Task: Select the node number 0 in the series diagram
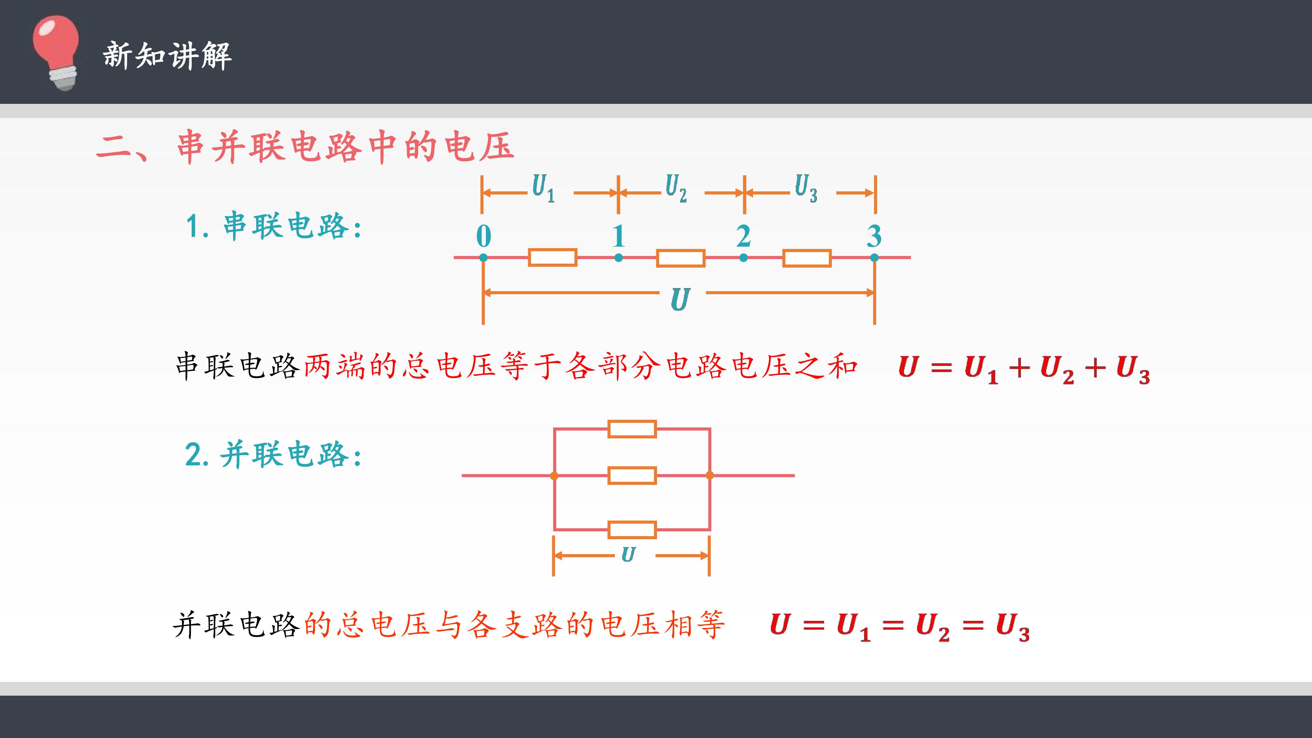point(484,236)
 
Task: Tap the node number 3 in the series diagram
point(874,236)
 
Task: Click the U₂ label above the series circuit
point(676,188)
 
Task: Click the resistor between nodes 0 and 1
point(552,258)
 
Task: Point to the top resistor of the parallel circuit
point(632,429)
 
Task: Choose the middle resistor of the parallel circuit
point(632,476)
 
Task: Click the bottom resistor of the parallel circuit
point(632,530)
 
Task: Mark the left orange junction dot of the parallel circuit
point(554,476)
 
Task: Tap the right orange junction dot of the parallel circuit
point(710,476)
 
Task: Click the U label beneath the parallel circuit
point(629,554)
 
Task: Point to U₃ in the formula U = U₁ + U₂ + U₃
point(1133,369)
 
